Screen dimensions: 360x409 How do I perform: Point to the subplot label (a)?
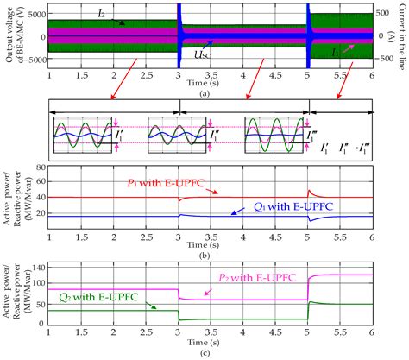212,92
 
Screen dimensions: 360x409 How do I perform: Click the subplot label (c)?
212,352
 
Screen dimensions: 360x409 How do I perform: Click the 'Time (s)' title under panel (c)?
212,343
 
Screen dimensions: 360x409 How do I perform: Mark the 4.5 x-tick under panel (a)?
277,75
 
